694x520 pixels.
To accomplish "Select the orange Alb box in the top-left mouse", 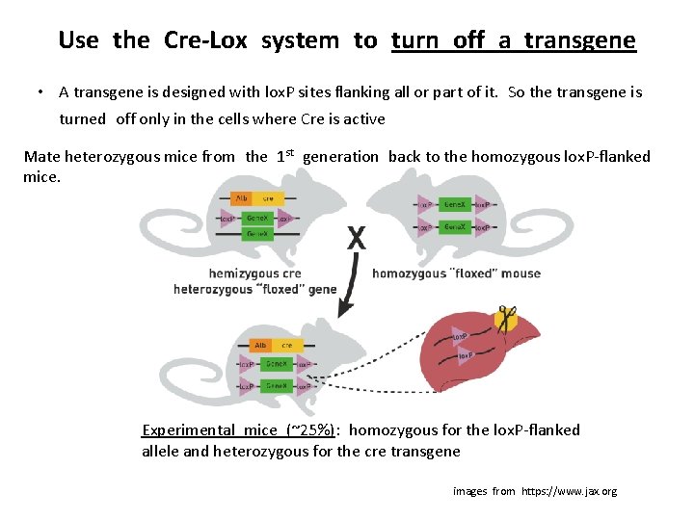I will coord(241,199).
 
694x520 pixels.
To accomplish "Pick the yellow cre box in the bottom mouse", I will coord(286,345).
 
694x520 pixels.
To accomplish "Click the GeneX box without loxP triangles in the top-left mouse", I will coord(257,234).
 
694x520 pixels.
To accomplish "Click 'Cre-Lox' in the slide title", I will coord(205,40).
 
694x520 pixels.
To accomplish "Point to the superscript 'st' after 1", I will coord(292,151).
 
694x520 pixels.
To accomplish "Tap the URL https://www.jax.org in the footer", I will coord(569,491).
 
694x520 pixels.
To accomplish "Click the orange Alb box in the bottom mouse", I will coord(261,345).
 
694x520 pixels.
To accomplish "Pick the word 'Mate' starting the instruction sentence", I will coord(41,157).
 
